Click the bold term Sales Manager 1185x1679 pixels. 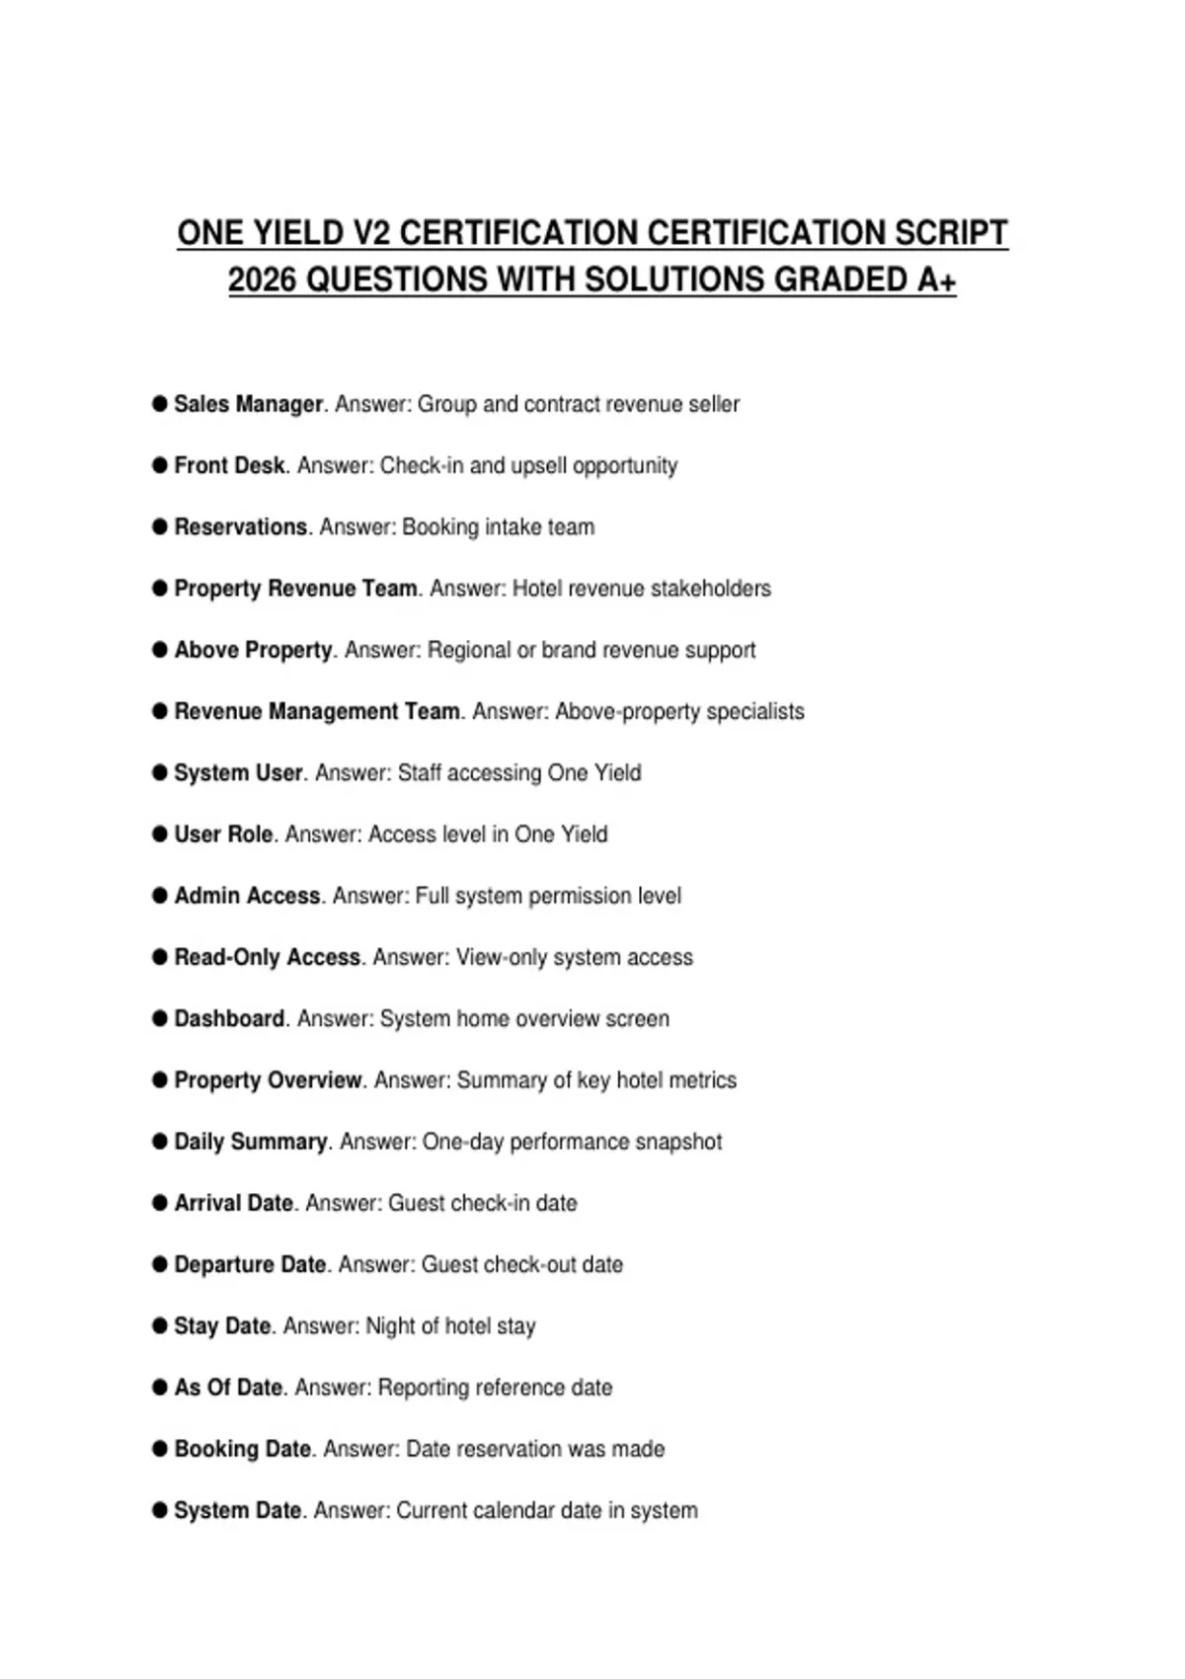[x=249, y=404]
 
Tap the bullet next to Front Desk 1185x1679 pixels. [x=160, y=465]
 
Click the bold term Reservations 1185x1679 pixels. [x=241, y=527]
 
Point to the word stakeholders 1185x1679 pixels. [x=711, y=589]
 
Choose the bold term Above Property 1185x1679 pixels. [x=254, y=650]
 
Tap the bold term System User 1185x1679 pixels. [x=238, y=772]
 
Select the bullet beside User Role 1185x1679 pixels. [x=160, y=835]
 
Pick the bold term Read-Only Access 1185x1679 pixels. [x=268, y=957]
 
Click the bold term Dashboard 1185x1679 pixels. [x=229, y=1018]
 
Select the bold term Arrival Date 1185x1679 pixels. [x=234, y=1203]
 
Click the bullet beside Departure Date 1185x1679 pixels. [x=160, y=1264]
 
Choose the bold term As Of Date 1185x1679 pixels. [x=229, y=1388]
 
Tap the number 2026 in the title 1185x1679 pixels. [x=262, y=280]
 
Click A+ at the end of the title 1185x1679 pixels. [x=936, y=280]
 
